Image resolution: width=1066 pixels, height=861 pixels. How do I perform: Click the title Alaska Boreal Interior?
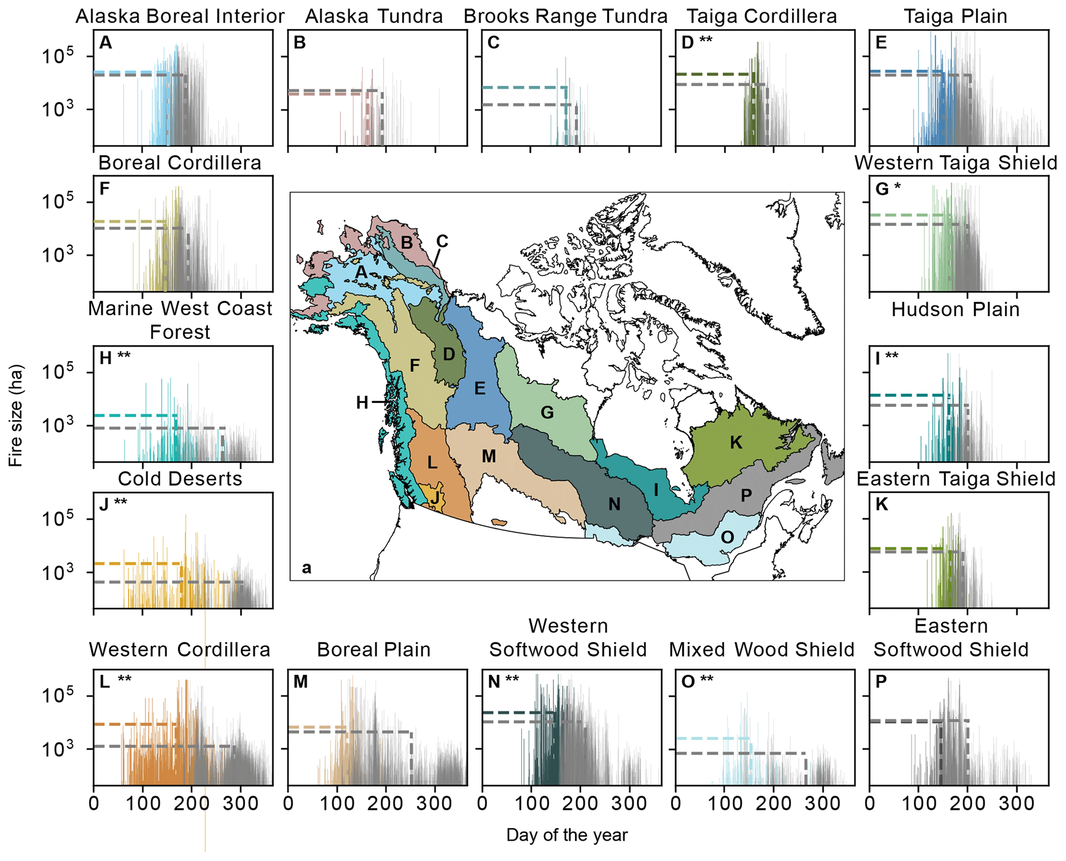tap(180, 17)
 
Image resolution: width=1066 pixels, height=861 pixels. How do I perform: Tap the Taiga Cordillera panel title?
tap(762, 17)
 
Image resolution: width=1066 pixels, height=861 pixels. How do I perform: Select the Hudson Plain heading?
tap(956, 310)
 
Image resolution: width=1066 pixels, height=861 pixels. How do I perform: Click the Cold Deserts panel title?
tap(180, 479)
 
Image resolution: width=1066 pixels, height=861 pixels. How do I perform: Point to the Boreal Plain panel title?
tap(374, 650)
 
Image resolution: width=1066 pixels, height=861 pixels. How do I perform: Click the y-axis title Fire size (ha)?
tap(15, 416)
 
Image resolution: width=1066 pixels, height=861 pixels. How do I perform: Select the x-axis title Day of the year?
tap(567, 835)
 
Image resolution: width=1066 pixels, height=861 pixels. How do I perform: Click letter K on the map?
tap(736, 443)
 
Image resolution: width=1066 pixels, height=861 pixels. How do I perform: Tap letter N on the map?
tap(614, 504)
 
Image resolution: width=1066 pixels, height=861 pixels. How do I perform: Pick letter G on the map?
tap(547, 413)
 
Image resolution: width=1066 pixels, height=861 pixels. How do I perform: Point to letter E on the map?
tap(480, 388)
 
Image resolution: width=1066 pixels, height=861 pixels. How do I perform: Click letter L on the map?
tap(432, 463)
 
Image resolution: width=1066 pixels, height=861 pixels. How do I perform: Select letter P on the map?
tap(746, 496)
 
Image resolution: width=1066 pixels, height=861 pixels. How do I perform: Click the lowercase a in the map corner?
tap(306, 568)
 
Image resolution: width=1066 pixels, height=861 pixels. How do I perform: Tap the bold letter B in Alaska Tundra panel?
tap(300, 43)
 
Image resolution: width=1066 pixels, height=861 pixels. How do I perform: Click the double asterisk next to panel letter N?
tap(512, 680)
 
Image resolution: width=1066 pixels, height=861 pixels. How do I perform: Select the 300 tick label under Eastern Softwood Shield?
tap(1016, 804)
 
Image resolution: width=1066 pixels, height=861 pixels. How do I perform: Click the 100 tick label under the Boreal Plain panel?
tap(337, 804)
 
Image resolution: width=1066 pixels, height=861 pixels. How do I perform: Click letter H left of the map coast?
tap(362, 402)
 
